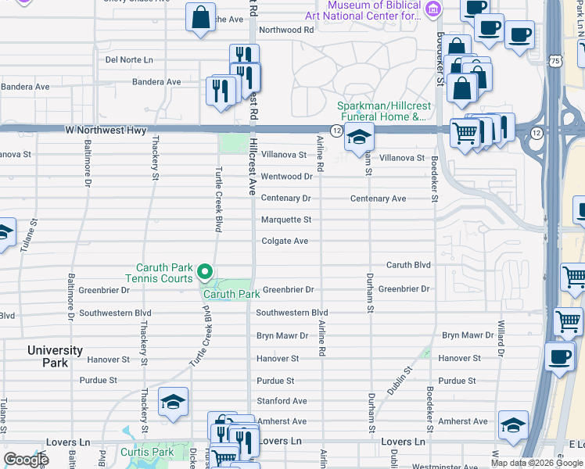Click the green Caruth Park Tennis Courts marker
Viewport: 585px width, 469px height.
[205, 272]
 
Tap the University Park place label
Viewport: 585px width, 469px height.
[55, 356]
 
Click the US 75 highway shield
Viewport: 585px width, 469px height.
[554, 60]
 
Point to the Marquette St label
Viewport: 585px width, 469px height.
[286, 220]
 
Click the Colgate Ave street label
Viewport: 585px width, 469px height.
[285, 242]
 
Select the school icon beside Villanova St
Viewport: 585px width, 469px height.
[358, 138]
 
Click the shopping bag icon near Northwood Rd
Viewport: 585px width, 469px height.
[201, 16]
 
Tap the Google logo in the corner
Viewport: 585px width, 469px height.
[26, 460]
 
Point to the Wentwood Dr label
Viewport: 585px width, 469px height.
[286, 177]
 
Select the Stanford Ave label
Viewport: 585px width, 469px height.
[282, 401]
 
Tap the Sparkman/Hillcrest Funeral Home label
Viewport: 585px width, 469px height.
[381, 112]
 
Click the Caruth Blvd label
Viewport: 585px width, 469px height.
[408, 265]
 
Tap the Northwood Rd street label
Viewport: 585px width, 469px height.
[286, 30]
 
